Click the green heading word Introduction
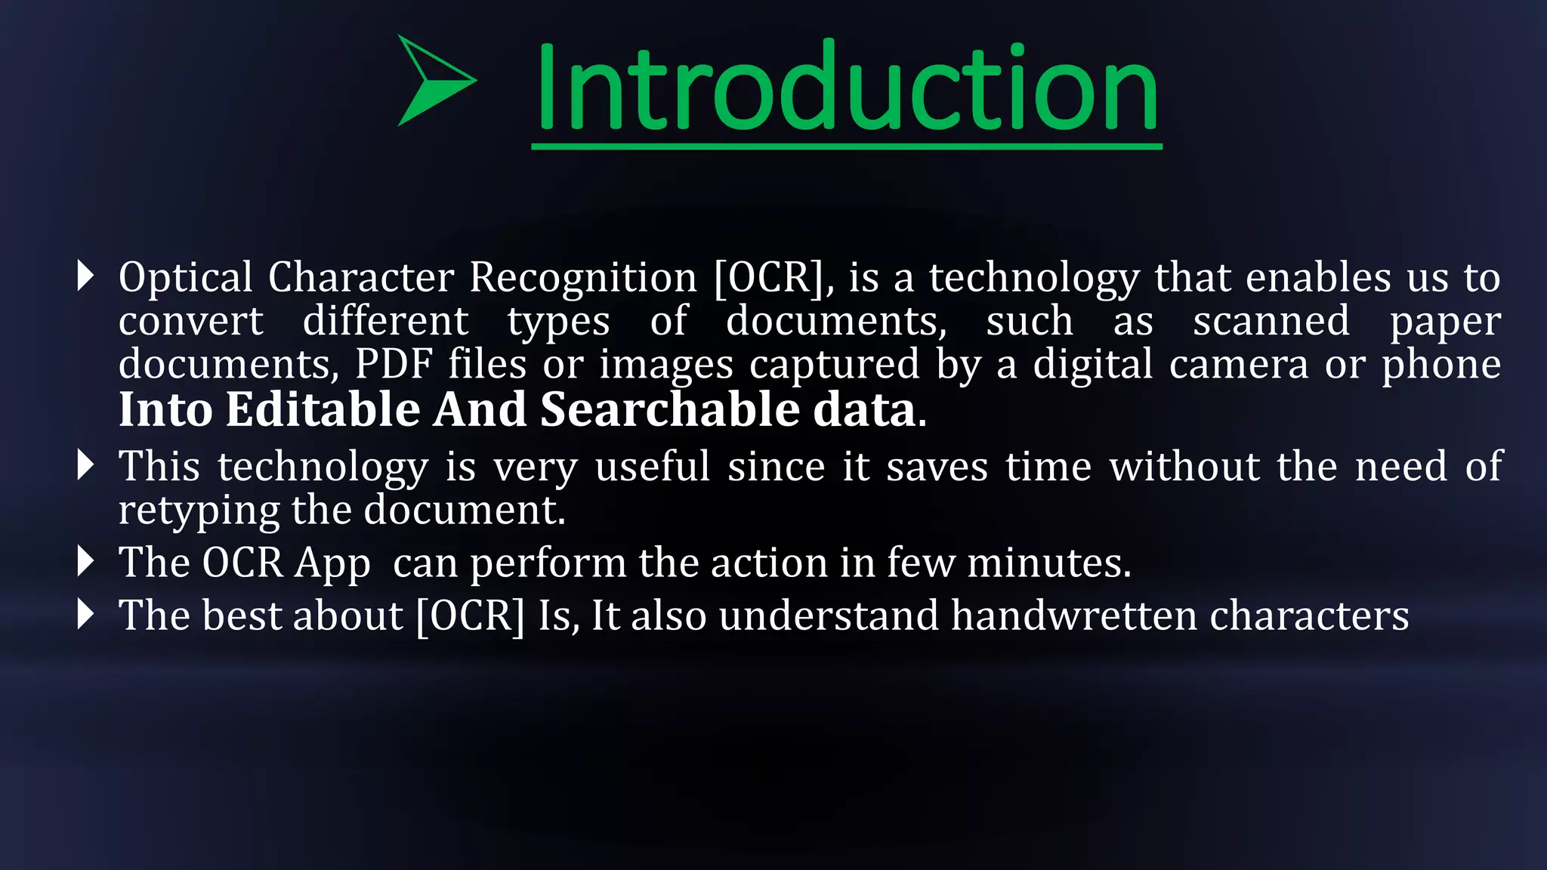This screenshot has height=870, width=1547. click(x=846, y=89)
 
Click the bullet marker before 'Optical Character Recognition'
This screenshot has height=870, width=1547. click(x=85, y=276)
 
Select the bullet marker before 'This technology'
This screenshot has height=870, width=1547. click(x=85, y=465)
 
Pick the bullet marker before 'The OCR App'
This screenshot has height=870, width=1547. click(x=85, y=562)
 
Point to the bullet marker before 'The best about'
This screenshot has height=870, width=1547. click(x=85, y=615)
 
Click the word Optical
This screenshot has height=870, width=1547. click(x=186, y=278)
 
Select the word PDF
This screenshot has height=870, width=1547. click(x=394, y=364)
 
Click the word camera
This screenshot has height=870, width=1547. click(x=1238, y=364)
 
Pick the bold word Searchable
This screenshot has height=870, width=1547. click(x=669, y=409)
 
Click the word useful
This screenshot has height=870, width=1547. click(x=653, y=466)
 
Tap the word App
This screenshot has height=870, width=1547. click(x=332, y=563)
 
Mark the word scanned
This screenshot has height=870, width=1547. click(x=1271, y=321)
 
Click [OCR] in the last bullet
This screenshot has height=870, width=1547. click(x=470, y=615)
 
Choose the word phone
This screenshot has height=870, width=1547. click(x=1441, y=366)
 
